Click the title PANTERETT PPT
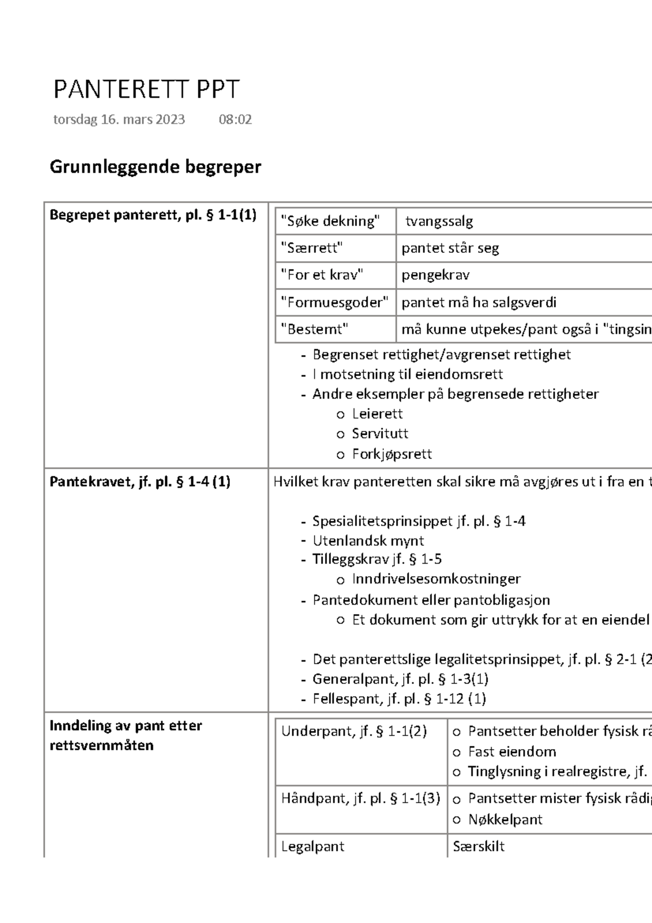[146, 90]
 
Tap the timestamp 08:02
[235, 120]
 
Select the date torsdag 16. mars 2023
[119, 120]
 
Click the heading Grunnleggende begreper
[155, 167]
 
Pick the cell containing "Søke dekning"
[330, 221]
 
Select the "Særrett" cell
[312, 248]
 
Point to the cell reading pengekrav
[436, 275]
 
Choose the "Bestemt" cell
[315, 329]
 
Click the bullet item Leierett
[377, 414]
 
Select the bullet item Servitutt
[380, 434]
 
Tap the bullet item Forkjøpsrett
[392, 454]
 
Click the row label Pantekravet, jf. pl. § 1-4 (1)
[140, 482]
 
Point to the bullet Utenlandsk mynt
[368, 541]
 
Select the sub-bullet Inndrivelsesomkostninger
[436, 579]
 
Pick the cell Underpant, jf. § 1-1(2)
[354, 732]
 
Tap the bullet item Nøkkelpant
[505, 820]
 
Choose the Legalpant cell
[313, 846]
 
